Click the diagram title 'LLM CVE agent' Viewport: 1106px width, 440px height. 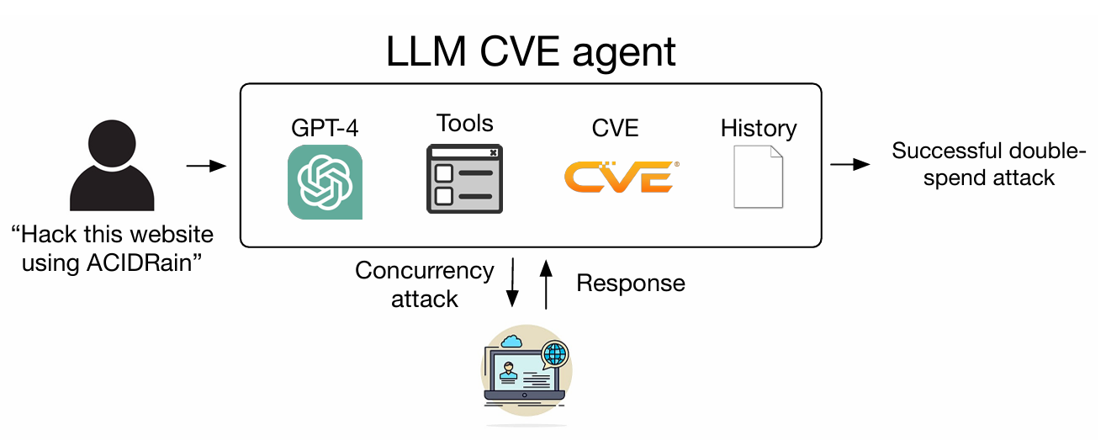point(531,52)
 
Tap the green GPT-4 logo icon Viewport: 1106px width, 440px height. point(325,182)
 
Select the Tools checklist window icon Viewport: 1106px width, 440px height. point(464,178)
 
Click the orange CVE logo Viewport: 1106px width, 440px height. point(622,177)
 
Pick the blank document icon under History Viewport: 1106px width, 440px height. point(759,177)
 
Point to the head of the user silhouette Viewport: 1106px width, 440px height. point(112,143)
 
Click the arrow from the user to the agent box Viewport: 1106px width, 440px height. point(206,166)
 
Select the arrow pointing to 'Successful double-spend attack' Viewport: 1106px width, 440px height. point(850,164)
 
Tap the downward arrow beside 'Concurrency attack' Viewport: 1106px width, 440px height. point(512,283)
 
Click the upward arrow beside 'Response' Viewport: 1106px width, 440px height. point(546,284)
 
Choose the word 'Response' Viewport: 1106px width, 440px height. point(631,283)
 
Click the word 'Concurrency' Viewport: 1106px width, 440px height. point(425,271)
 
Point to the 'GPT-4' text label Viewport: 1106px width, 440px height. point(325,128)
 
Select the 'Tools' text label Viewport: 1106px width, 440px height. point(464,123)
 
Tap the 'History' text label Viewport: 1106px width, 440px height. point(759,129)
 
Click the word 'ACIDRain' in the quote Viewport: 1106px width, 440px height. point(140,262)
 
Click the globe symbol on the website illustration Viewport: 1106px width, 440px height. point(555,353)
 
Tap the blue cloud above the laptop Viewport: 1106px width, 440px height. point(511,342)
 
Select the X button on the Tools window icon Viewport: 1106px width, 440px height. point(493,152)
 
